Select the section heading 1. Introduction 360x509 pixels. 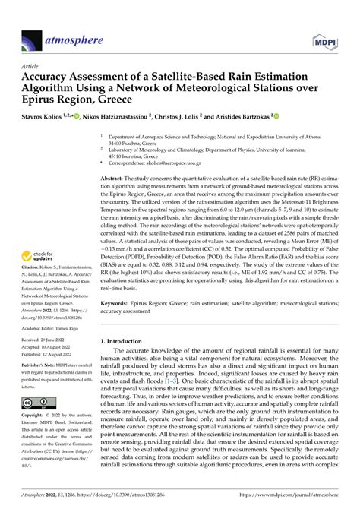click(126, 343)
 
